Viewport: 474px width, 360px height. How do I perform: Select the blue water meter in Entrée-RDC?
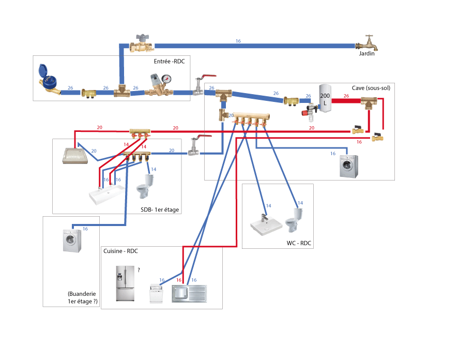pyautogui.click(x=49, y=80)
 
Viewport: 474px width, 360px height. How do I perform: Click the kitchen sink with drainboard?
pyautogui.click(x=189, y=294)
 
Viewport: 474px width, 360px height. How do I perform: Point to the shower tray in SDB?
pyautogui.click(x=75, y=156)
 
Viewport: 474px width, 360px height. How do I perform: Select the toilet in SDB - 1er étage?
pyautogui.click(x=145, y=186)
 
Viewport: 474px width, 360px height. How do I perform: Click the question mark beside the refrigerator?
pyautogui.click(x=138, y=270)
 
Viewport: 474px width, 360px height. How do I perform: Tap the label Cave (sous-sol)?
pyautogui.click(x=371, y=88)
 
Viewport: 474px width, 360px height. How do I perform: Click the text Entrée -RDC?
pyautogui.click(x=169, y=62)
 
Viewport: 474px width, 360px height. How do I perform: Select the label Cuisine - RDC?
pyautogui.click(x=120, y=251)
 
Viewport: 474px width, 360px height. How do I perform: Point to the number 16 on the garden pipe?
pyautogui.click(x=238, y=41)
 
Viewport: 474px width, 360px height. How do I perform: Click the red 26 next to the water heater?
pyautogui.click(x=346, y=95)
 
